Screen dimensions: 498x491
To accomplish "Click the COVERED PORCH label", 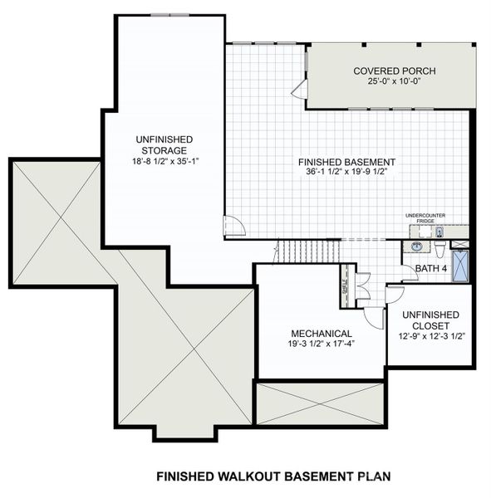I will tap(394, 71).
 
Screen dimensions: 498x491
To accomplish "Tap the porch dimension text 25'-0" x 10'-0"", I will tap(394, 82).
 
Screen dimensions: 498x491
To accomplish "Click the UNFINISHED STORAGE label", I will tap(162, 144).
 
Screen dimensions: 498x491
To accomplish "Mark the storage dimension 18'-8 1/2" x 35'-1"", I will tap(162, 161).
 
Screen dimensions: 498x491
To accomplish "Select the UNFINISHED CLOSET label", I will tap(430, 320).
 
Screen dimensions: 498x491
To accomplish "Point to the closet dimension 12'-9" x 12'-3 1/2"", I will tap(430, 336).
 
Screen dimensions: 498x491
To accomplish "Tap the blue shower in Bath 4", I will tap(462, 264).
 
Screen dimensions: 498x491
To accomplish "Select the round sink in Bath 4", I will tap(417, 247).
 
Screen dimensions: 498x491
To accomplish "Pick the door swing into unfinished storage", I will tap(233, 226).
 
